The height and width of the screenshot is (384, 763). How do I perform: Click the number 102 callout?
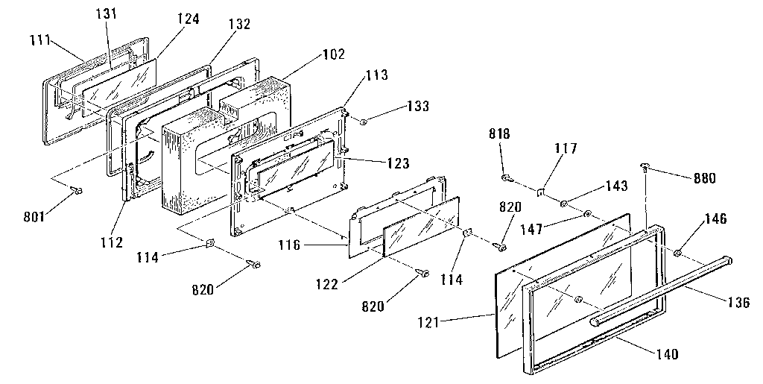coord(314,54)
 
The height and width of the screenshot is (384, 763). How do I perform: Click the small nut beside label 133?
coord(362,122)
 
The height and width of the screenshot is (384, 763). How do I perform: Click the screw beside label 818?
coord(506,177)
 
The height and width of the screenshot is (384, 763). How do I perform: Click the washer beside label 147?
coord(589,214)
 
